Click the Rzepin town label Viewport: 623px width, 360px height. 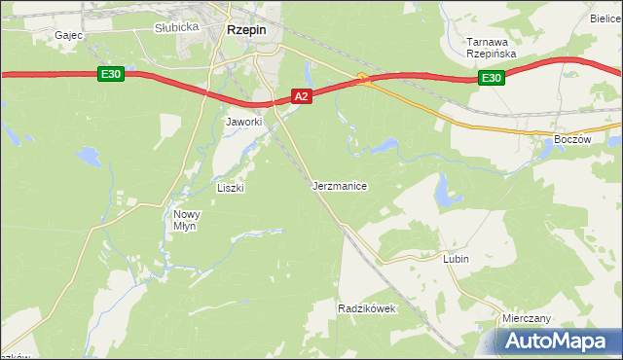click(247, 30)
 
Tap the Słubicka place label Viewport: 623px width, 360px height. click(176, 27)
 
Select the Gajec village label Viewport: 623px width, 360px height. click(69, 35)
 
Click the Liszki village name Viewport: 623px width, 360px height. click(230, 188)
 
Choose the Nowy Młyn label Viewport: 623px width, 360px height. click(185, 219)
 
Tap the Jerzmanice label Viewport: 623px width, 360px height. click(340, 185)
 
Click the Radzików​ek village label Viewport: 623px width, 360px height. click(365, 307)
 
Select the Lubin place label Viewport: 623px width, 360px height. click(456, 259)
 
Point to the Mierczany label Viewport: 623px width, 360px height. click(527, 318)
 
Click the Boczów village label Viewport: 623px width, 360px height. click(572, 139)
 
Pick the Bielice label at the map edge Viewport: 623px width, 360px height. click(605, 18)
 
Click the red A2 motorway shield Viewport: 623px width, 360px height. click(302, 96)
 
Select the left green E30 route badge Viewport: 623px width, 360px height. click(109, 74)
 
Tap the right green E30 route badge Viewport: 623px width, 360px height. click(492, 78)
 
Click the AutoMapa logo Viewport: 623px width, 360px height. click(555, 341)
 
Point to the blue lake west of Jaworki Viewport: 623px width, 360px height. click(89, 155)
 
